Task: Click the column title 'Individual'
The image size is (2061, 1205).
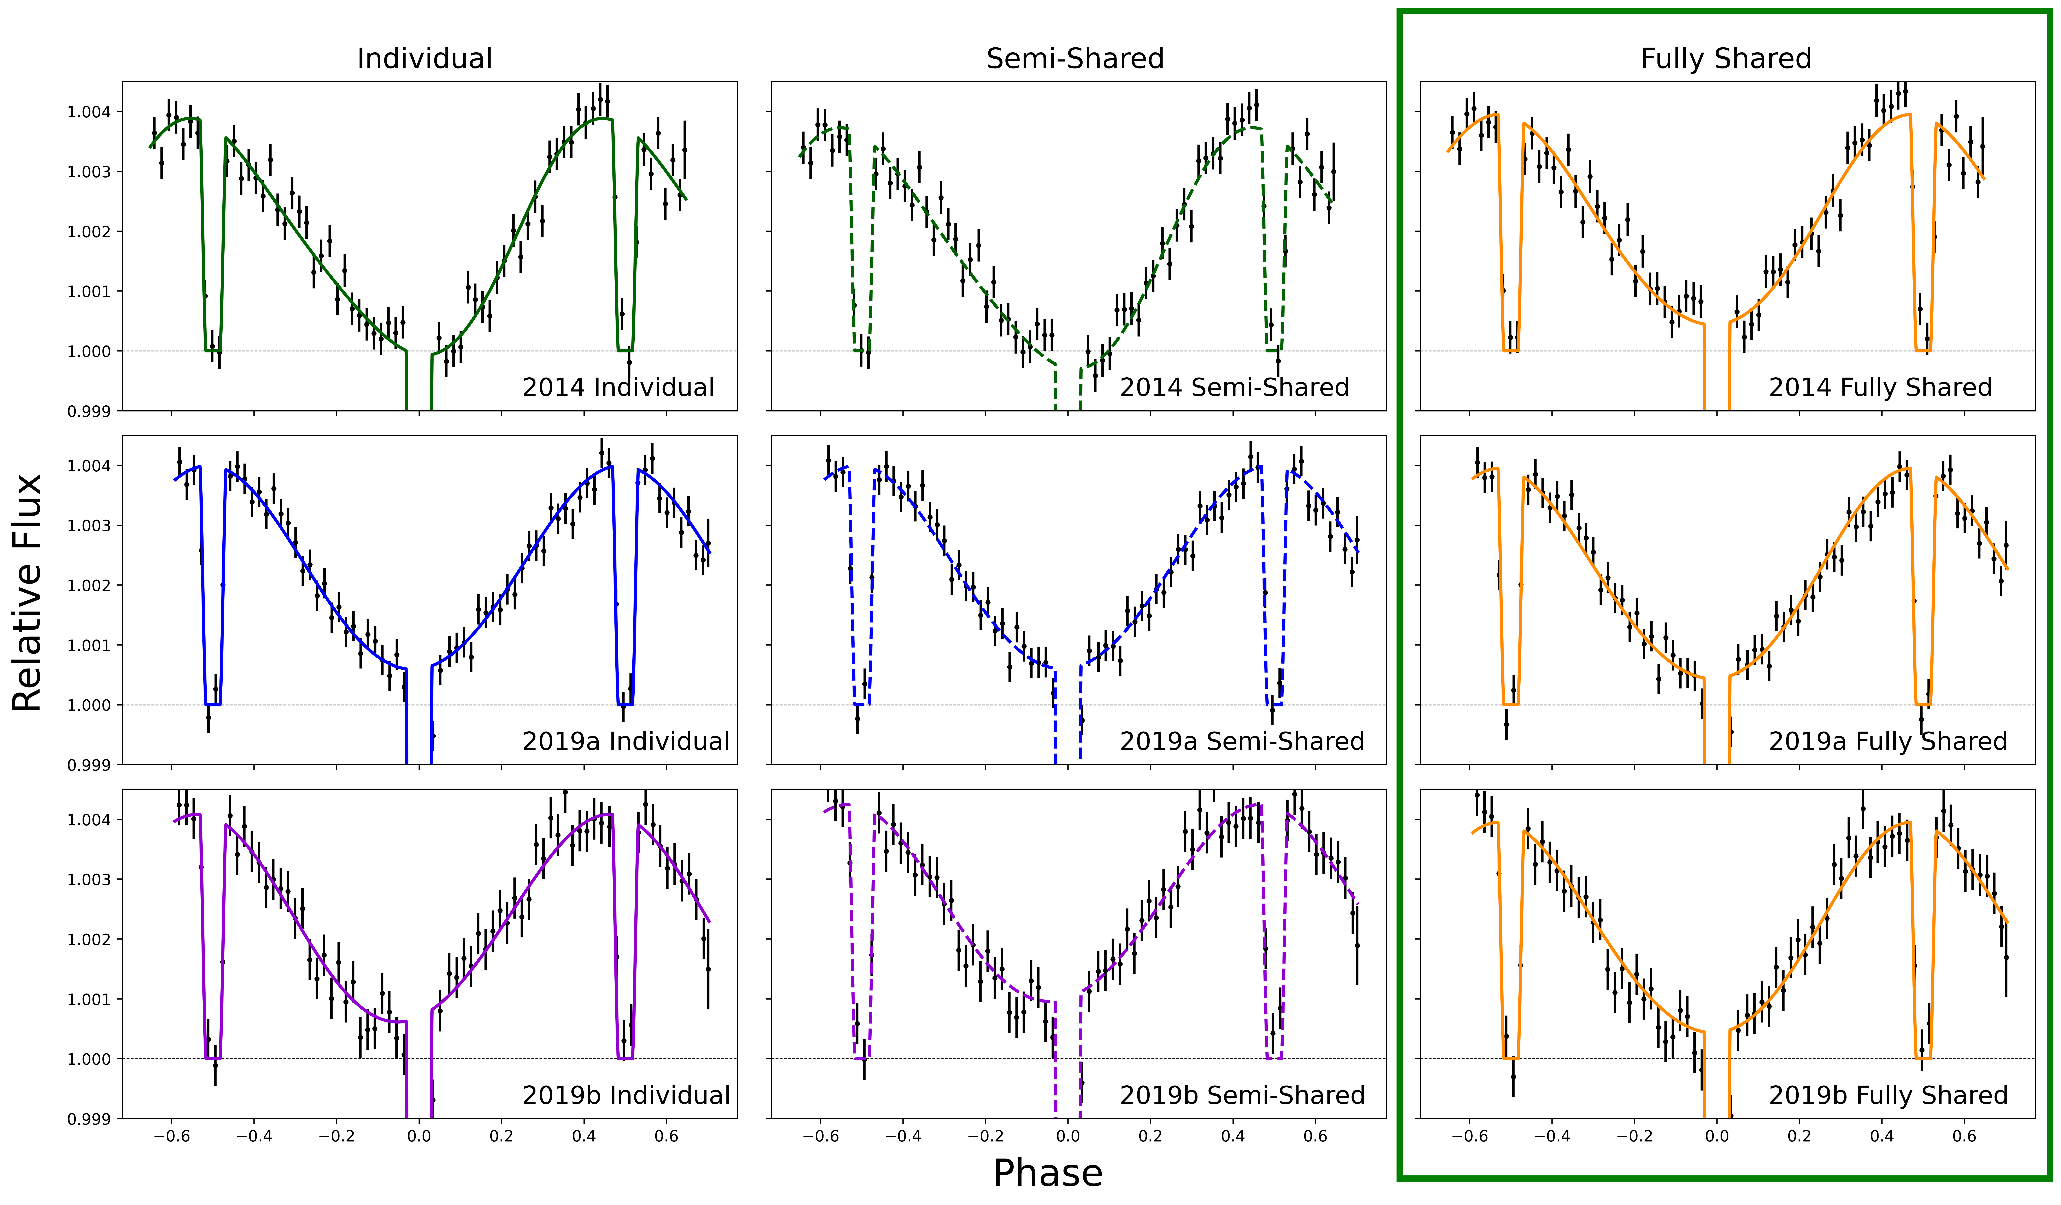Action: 424,59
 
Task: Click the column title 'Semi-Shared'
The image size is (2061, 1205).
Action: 1075,59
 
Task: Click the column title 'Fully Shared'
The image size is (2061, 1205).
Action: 1726,59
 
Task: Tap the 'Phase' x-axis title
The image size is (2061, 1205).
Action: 1048,1172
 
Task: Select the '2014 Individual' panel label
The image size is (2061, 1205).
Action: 618,387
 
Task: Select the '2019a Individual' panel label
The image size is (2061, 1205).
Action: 626,741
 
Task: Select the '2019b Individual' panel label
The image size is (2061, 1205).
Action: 626,1095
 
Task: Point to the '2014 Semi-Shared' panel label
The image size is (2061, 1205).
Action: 1234,387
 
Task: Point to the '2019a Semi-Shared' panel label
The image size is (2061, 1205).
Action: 1241,741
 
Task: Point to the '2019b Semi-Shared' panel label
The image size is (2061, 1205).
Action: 1241,1095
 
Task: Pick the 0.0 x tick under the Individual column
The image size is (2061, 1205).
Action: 419,1136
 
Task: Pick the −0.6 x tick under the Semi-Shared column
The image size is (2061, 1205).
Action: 820,1136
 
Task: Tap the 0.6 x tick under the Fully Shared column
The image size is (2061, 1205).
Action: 1965,1136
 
